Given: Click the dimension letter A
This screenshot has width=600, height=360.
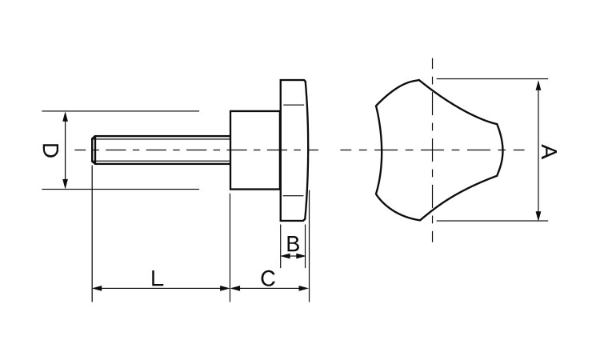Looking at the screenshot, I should [x=549, y=150].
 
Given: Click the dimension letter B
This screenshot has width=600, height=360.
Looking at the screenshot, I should [x=293, y=243].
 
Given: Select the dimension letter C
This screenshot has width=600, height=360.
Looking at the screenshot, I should [x=268, y=278].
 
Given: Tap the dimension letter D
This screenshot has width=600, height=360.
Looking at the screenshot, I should [x=50, y=150].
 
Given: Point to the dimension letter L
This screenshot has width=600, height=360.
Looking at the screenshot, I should [x=158, y=278].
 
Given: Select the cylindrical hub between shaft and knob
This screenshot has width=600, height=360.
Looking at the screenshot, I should [x=254, y=150].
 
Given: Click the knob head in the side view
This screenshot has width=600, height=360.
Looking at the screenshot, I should [x=294, y=150].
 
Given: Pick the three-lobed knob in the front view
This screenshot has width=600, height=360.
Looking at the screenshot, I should [x=436, y=150].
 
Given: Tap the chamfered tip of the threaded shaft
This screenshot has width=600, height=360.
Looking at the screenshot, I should [x=94, y=150].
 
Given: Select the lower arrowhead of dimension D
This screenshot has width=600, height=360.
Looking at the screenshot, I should [x=66, y=185].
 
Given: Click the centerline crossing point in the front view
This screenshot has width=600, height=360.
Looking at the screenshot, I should [x=432, y=150].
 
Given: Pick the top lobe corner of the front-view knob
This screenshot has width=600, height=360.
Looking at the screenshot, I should [x=419, y=80].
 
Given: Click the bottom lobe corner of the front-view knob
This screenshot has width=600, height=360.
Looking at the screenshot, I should [x=419, y=218].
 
